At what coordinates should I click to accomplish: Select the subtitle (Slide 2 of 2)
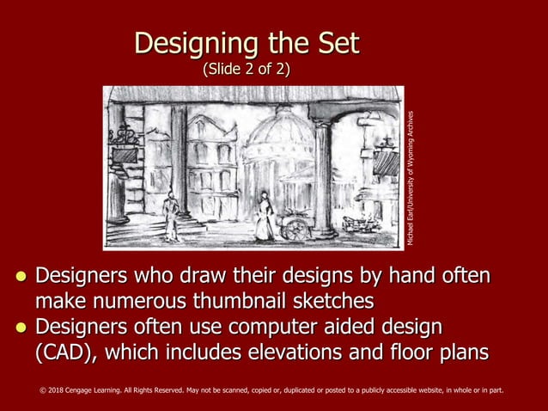tap(246, 70)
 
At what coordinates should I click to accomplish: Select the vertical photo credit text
tap(411, 178)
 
